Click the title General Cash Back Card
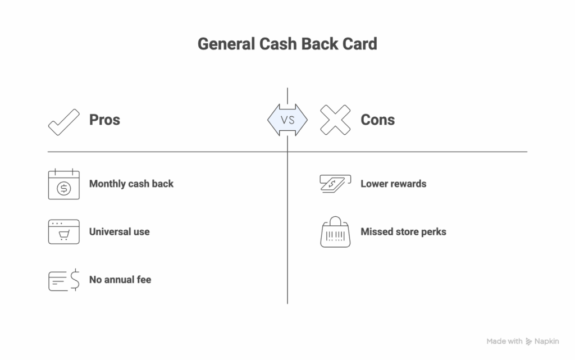click(287, 44)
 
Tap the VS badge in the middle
click(287, 120)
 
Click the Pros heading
click(104, 120)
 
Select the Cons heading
click(377, 120)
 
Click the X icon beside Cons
click(335, 120)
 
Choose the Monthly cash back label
click(131, 184)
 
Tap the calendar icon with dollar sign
click(63, 184)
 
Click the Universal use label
click(119, 231)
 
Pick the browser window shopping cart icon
click(63, 231)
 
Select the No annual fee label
click(120, 279)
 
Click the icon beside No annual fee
click(63, 280)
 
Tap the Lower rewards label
click(393, 184)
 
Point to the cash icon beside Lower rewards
click(335, 184)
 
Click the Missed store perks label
click(403, 231)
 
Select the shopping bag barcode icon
click(335, 232)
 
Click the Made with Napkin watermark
click(522, 341)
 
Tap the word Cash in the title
click(278, 44)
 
